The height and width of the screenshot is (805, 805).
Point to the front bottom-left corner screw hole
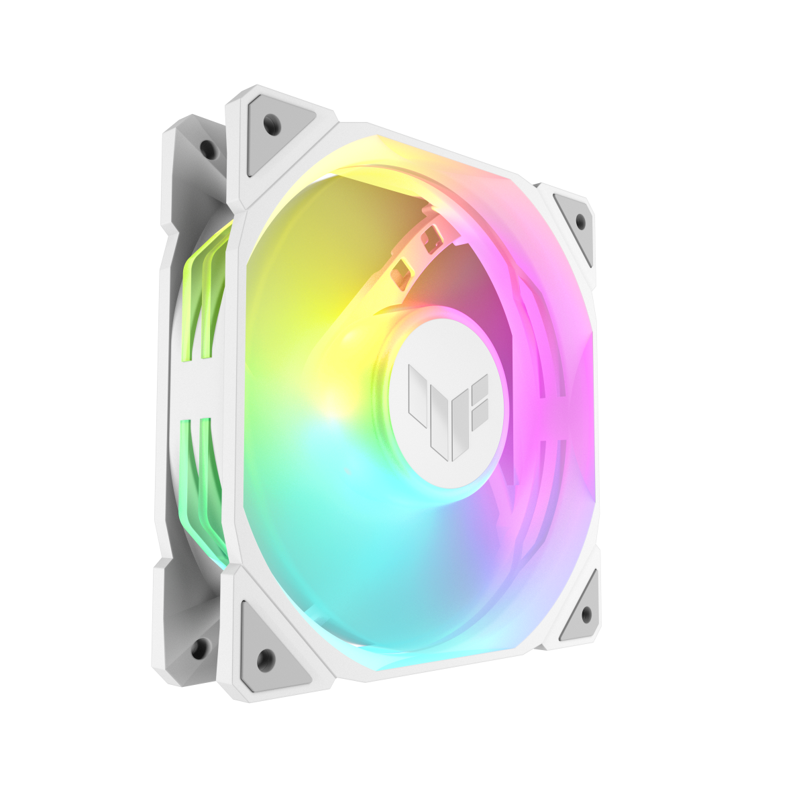coord(266,657)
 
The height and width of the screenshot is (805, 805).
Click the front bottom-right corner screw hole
coord(586,612)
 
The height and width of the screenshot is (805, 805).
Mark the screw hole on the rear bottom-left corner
coord(199,647)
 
